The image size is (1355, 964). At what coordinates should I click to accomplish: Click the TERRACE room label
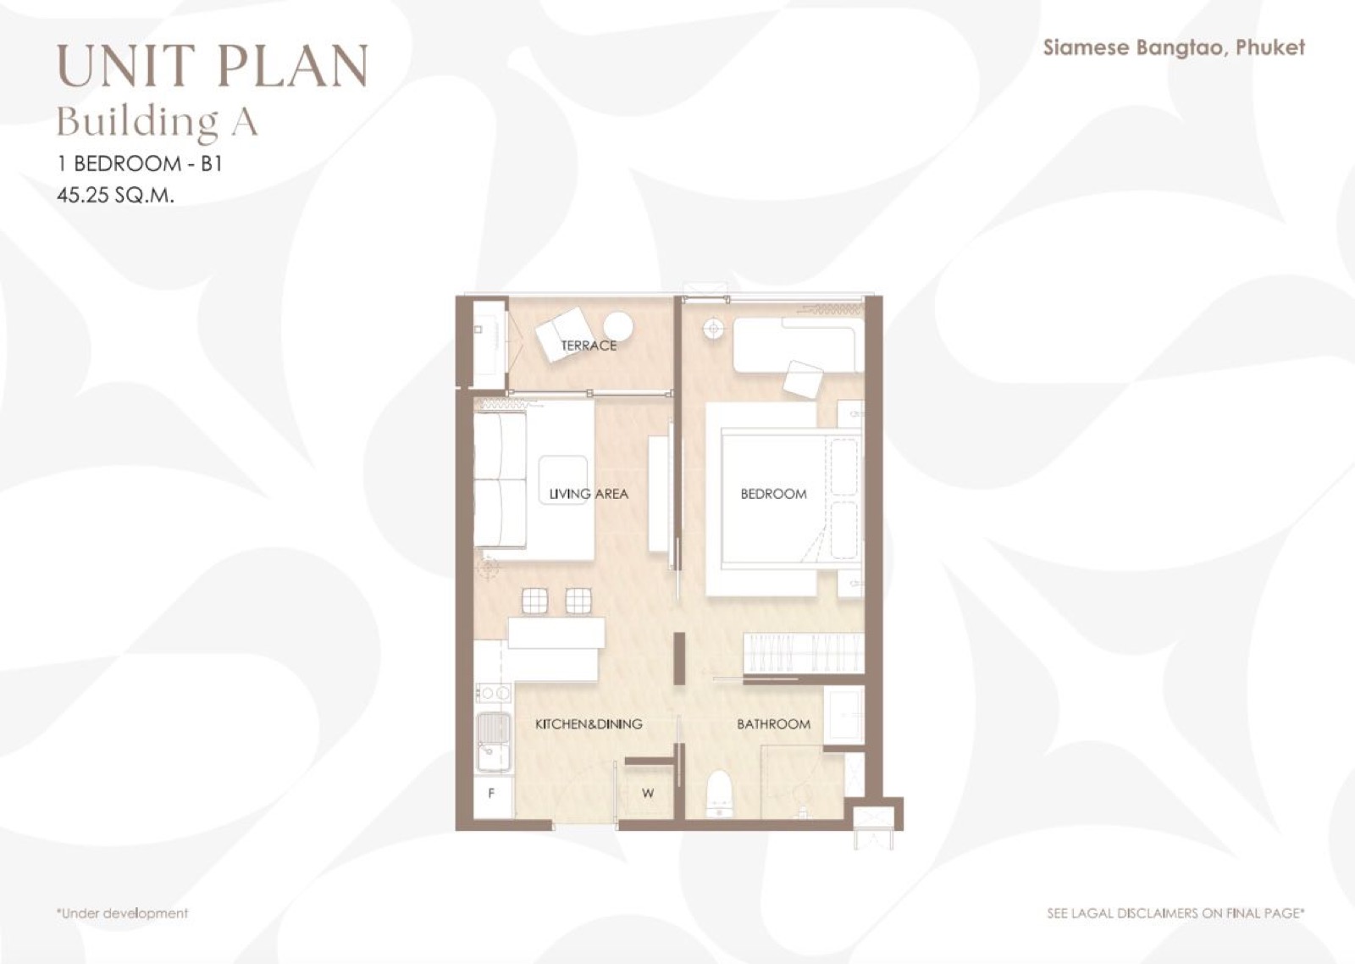pos(589,346)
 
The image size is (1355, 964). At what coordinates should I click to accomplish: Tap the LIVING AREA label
pos(589,494)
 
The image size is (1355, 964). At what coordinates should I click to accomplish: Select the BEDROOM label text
pos(774,494)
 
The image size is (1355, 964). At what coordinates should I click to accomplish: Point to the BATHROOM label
pos(774,723)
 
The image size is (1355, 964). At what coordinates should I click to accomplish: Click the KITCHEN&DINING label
pos(589,723)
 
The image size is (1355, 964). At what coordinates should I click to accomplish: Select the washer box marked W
pos(648,794)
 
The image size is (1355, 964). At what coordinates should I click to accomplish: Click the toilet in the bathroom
pos(719,794)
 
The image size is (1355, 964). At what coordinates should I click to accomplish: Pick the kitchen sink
pos(494,743)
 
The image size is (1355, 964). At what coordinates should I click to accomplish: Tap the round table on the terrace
pos(618,327)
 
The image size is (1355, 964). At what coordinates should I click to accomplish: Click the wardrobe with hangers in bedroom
pos(803,653)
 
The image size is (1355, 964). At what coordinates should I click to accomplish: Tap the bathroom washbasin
pos(843,715)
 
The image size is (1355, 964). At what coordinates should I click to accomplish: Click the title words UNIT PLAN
pos(213,65)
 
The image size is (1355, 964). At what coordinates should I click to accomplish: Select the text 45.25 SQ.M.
pos(115,196)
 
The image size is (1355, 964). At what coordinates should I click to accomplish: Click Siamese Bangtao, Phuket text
pos(1174,47)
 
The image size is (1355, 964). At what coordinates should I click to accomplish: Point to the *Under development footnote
pos(122,913)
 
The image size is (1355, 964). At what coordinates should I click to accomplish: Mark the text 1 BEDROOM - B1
pos(140,163)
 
